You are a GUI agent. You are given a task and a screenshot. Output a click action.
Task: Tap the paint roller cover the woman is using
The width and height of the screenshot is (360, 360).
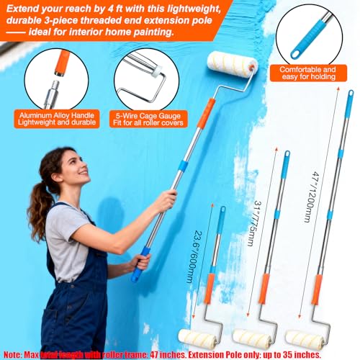pyautogui.click(x=233, y=65)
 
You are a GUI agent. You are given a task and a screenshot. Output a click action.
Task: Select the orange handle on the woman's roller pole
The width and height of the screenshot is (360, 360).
pyautogui.click(x=206, y=113)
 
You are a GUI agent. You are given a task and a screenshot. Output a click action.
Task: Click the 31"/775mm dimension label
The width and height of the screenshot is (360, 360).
pyautogui.click(x=254, y=224)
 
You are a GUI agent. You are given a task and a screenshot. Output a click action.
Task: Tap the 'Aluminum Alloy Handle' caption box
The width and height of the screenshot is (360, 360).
pyautogui.click(x=57, y=119)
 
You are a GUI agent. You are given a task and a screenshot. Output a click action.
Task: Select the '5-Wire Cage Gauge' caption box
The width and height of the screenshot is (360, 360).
pyautogui.click(x=148, y=119)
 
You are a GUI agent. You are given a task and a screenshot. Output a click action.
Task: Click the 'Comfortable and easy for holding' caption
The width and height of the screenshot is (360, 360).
pyautogui.click(x=308, y=73)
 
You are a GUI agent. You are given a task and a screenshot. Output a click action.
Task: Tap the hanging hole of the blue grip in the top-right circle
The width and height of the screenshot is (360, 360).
pyautogui.click(x=296, y=53)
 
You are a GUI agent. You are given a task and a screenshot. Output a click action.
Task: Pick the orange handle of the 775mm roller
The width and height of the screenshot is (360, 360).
pyautogui.click(x=264, y=289)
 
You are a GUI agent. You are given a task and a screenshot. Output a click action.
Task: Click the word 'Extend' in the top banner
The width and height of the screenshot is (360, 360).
pyautogui.click(x=22, y=9)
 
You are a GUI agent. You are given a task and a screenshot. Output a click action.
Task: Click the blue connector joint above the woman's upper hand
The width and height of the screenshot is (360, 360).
pyautogui.click(x=183, y=166)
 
